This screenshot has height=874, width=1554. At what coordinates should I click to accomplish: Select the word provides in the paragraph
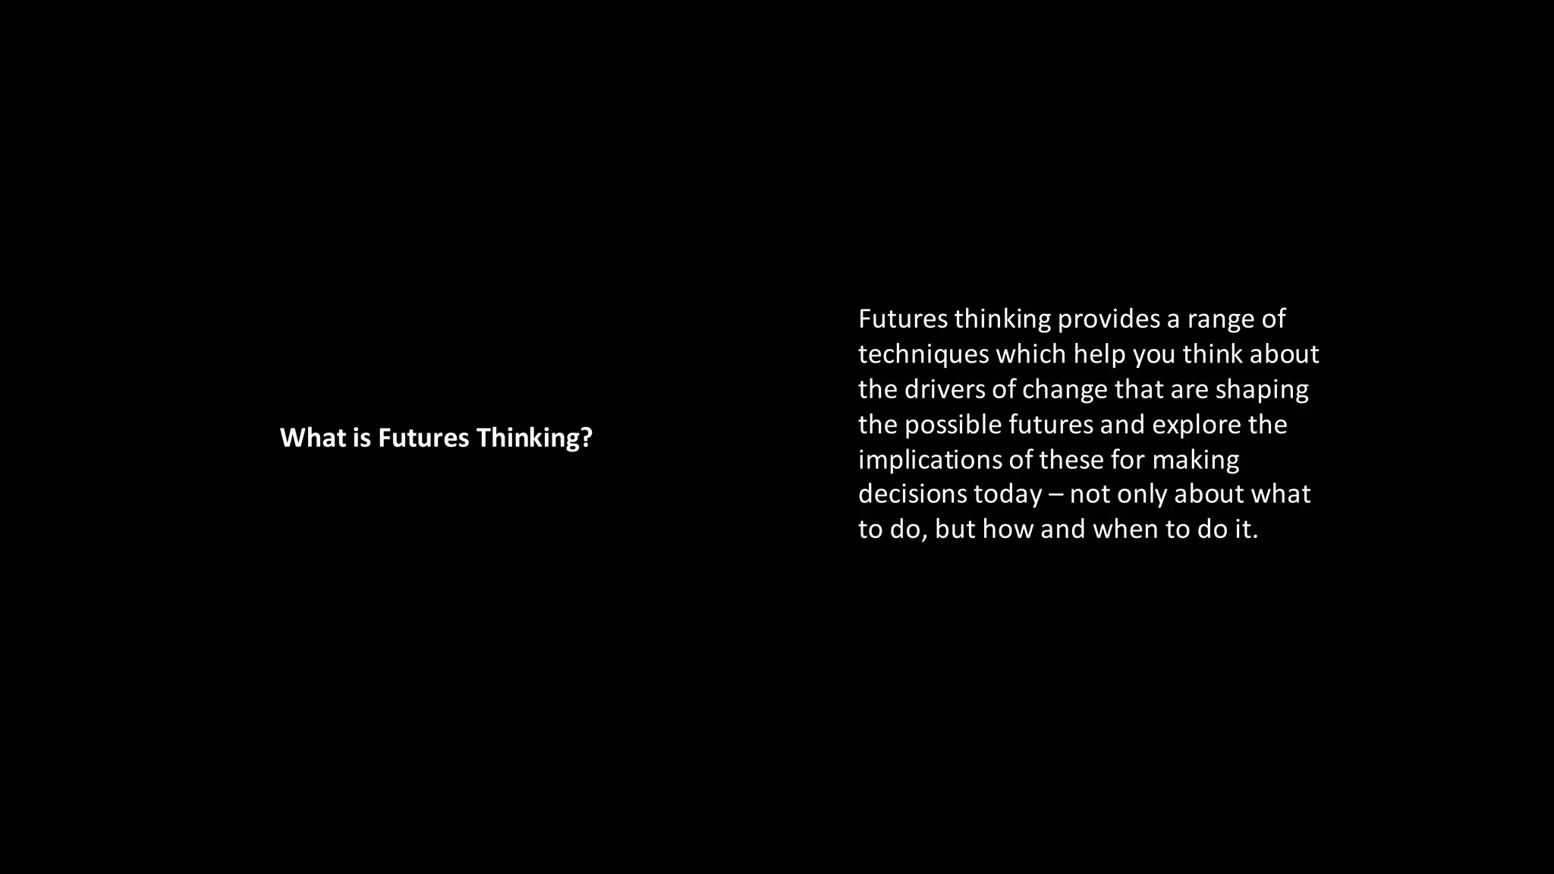pyautogui.click(x=1109, y=319)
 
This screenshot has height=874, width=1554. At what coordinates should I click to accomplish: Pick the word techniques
pyautogui.click(x=923, y=354)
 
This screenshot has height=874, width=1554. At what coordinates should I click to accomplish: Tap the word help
pyautogui.click(x=1099, y=354)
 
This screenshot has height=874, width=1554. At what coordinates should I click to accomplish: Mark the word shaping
pyautogui.click(x=1262, y=390)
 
